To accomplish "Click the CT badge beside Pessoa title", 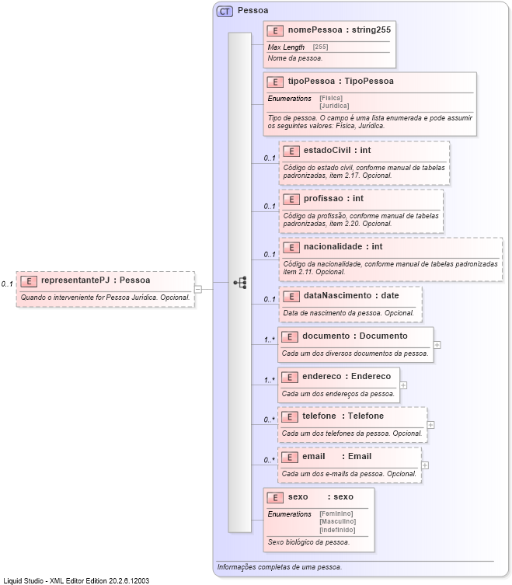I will (x=225, y=11).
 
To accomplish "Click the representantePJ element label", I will (x=96, y=280).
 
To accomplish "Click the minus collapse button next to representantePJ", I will (x=198, y=289).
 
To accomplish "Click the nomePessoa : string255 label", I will (x=340, y=30).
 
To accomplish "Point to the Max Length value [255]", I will (x=320, y=47).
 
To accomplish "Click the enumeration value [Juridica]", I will (x=334, y=106).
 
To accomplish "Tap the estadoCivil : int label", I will (x=336, y=150).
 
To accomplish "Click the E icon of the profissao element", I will (x=291, y=199).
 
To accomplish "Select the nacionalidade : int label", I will (x=343, y=247).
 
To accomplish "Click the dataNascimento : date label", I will (x=350, y=295).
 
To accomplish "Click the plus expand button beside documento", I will (x=437, y=344).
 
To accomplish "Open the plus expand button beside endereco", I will (x=403, y=385).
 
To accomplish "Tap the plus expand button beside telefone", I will (x=431, y=425).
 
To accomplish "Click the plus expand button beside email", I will (x=425, y=465).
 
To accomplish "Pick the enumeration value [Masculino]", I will (x=337, y=521).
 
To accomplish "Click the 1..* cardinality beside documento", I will (x=270, y=340).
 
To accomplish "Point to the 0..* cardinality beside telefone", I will (x=270, y=420).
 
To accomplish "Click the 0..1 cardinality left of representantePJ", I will (x=7, y=284).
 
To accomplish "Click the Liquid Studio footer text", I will (x=76, y=580).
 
